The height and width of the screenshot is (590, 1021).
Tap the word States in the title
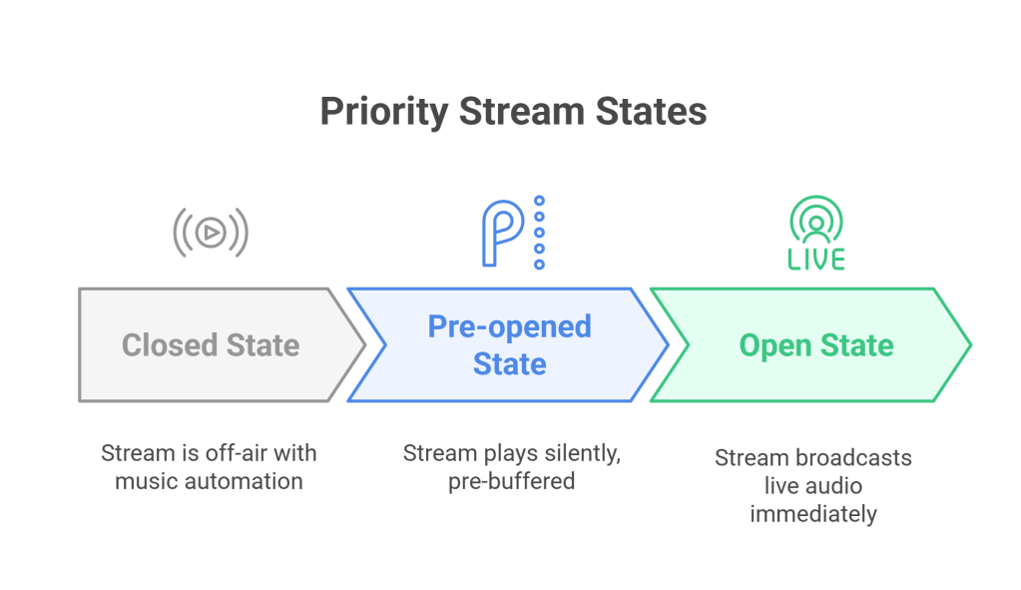[x=652, y=112]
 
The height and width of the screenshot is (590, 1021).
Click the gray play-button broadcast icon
[x=211, y=233]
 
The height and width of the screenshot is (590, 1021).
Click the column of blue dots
[x=539, y=233]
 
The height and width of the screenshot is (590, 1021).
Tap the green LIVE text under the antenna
[x=816, y=259]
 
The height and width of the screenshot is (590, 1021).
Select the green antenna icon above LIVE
[x=816, y=220]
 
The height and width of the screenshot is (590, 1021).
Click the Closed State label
[x=211, y=345]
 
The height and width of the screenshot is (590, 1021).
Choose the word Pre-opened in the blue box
[x=509, y=326]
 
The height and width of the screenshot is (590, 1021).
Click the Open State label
[x=816, y=345]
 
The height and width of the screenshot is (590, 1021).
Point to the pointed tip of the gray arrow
[x=364, y=345]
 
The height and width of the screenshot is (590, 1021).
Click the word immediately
[x=813, y=514]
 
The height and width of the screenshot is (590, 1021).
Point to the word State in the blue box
[x=509, y=363]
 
